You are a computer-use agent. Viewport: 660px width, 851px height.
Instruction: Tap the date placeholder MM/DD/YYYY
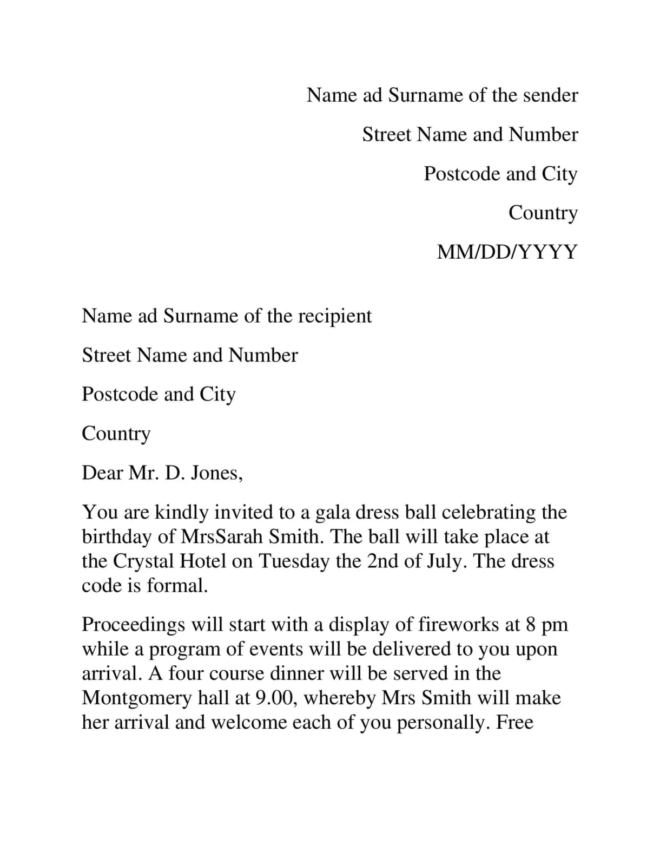(x=507, y=252)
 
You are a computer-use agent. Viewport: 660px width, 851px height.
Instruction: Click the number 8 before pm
(x=530, y=625)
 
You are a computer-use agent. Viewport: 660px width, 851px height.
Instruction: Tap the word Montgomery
(x=136, y=698)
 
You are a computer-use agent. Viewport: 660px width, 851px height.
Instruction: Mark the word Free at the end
(x=514, y=723)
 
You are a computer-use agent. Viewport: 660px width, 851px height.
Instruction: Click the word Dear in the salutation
(x=102, y=473)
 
